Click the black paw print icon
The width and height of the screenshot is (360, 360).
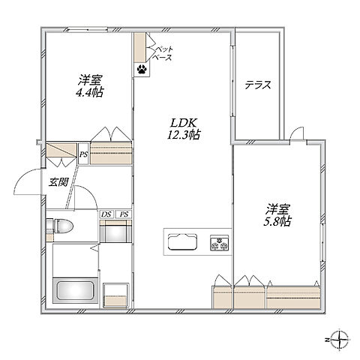(x=142, y=69)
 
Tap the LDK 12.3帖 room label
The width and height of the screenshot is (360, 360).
(x=184, y=129)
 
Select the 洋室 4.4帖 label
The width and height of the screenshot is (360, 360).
(x=89, y=86)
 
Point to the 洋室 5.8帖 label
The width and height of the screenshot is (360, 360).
(x=277, y=215)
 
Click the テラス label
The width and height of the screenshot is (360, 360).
(x=258, y=85)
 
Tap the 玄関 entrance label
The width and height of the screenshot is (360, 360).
(x=58, y=182)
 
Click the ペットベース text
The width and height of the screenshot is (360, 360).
(x=162, y=53)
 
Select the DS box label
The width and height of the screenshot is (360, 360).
(x=106, y=214)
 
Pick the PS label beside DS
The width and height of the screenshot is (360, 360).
(x=124, y=214)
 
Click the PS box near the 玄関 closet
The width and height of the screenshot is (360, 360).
(x=83, y=154)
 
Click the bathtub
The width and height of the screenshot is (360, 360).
(x=76, y=290)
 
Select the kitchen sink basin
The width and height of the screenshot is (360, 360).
(x=183, y=241)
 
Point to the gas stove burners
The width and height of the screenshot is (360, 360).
(x=220, y=243)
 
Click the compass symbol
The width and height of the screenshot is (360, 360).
(x=339, y=340)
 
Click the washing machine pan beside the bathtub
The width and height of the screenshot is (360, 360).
(x=116, y=295)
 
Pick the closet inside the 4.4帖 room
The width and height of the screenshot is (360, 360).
(x=111, y=153)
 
